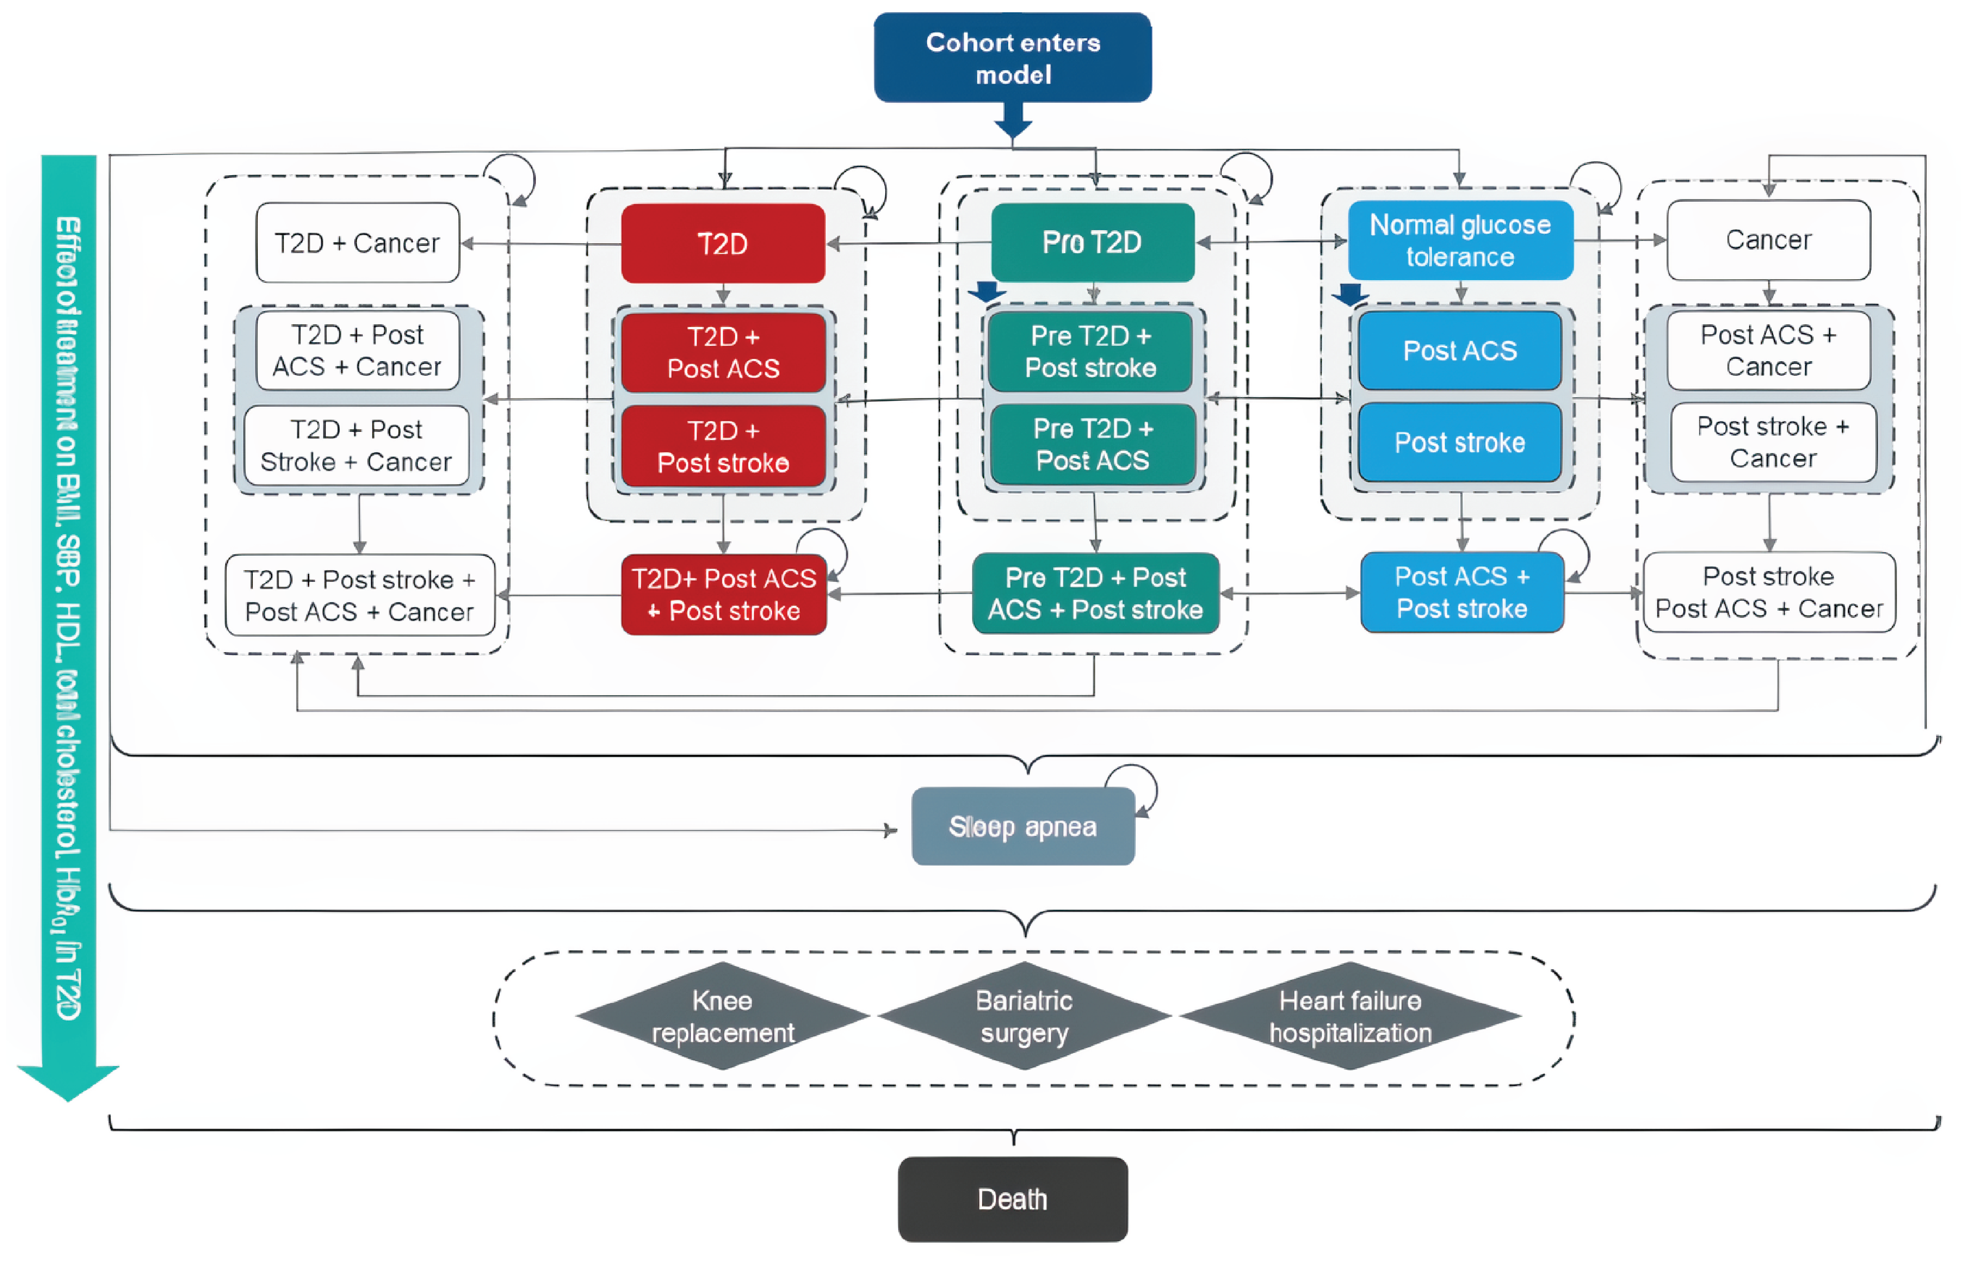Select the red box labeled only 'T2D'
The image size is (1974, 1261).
(722, 243)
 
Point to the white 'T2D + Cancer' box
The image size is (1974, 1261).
(357, 243)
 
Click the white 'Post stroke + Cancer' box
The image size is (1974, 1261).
(1773, 442)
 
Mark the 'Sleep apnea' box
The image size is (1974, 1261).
(1022, 826)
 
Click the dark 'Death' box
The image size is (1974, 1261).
(1012, 1199)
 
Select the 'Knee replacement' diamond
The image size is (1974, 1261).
(722, 1016)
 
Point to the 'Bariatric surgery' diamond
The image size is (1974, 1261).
(1024, 1016)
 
